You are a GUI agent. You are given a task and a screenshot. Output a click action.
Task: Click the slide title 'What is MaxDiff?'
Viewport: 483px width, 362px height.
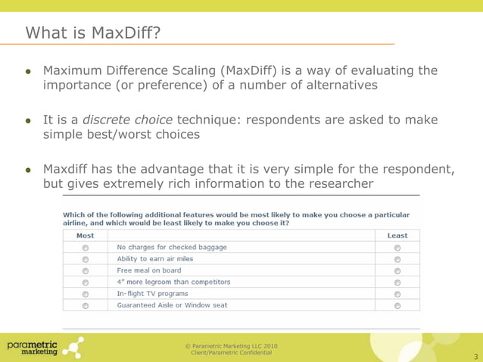point(92,33)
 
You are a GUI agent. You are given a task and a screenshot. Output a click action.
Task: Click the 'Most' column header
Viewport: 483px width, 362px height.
point(85,236)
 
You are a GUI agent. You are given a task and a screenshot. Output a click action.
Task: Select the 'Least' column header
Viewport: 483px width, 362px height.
point(397,236)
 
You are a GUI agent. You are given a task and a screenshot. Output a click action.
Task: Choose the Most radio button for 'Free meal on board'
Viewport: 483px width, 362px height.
point(85,270)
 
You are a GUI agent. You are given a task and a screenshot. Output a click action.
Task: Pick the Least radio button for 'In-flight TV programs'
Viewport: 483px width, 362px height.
point(397,294)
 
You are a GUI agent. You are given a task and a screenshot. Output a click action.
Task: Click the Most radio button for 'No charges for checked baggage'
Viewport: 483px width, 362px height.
point(85,248)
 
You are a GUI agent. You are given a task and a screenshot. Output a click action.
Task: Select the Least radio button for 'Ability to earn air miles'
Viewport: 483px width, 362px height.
point(397,259)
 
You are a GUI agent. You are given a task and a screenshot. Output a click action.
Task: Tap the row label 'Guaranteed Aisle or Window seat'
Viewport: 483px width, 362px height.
point(172,305)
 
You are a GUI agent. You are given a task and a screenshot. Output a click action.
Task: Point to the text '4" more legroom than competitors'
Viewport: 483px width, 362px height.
point(173,282)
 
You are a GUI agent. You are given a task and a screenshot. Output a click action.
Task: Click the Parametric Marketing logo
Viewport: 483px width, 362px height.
point(43,348)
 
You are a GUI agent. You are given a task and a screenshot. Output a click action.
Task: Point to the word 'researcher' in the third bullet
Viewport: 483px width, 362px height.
point(337,184)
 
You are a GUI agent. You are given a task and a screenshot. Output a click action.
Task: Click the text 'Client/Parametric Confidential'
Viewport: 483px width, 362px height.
point(231,354)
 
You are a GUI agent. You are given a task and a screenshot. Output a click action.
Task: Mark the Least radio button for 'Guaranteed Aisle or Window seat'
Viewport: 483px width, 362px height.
point(397,306)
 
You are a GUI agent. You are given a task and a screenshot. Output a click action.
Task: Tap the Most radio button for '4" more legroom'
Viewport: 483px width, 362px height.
point(85,282)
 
